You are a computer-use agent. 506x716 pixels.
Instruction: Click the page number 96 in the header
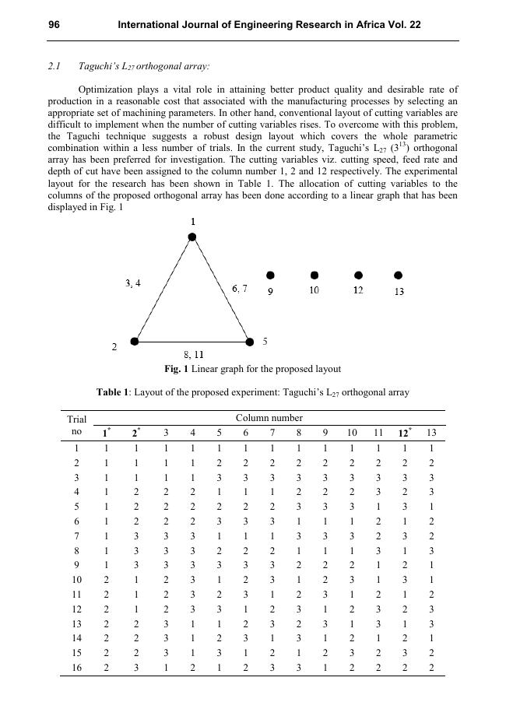pyautogui.click(x=54, y=25)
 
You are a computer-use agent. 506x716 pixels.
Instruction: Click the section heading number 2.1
pyautogui.click(x=54, y=68)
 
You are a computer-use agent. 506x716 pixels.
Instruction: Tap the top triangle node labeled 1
pyautogui.click(x=192, y=237)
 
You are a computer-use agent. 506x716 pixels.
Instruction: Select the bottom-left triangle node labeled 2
pyautogui.click(x=135, y=341)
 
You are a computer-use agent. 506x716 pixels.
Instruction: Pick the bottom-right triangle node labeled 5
pyautogui.click(x=250, y=341)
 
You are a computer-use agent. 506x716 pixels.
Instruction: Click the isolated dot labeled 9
pyautogui.click(x=270, y=276)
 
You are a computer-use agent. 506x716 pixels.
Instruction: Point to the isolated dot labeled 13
pyautogui.click(x=399, y=276)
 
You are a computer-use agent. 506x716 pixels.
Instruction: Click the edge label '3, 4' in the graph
pyautogui.click(x=133, y=284)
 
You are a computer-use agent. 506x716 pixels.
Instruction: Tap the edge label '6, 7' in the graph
pyautogui.click(x=240, y=289)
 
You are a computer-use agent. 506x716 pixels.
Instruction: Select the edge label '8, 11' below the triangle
pyautogui.click(x=193, y=355)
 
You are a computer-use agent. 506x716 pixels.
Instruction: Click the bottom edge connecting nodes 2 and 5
pyautogui.click(x=192, y=342)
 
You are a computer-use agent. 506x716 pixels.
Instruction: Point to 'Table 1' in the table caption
pyautogui.click(x=113, y=392)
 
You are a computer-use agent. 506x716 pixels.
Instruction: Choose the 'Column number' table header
pyautogui.click(x=269, y=418)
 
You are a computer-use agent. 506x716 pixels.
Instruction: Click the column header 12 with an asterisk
pyautogui.click(x=404, y=433)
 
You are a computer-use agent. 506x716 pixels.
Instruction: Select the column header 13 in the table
pyautogui.click(x=430, y=433)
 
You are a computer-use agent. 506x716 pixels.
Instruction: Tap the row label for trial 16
pyautogui.click(x=76, y=668)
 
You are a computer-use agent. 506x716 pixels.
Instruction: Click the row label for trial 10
pyautogui.click(x=76, y=579)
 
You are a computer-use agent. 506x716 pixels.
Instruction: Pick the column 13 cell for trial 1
pyautogui.click(x=430, y=447)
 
